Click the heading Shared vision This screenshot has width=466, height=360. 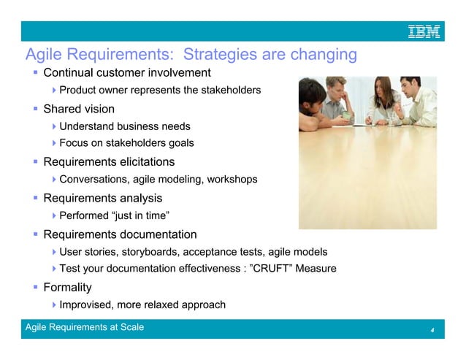tap(79, 109)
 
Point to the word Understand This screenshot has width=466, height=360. tap(88, 126)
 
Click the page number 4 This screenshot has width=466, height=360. tap(432, 331)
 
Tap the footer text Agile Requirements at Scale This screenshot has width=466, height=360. tap(85, 327)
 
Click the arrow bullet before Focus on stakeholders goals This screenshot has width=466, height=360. tap(55, 144)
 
